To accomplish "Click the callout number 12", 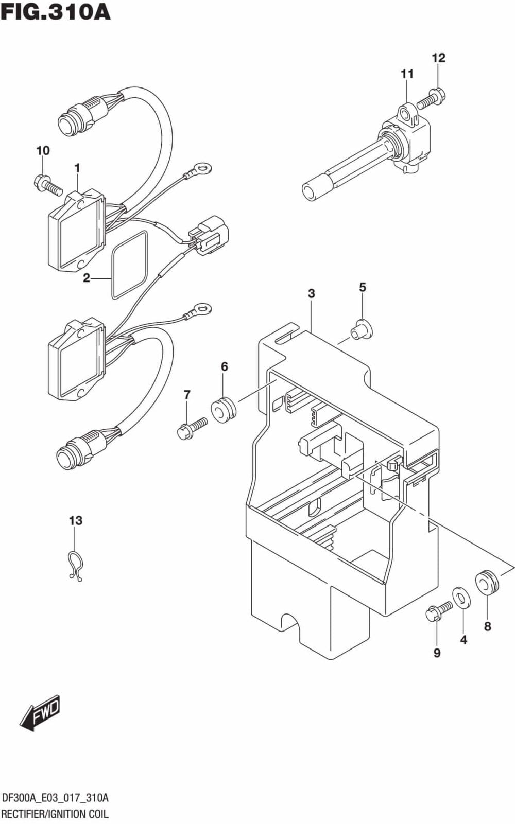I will coord(438,58).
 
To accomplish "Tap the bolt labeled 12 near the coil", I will coord(431,99).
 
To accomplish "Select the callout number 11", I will coord(407,74).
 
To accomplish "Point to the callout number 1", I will coord(77,168).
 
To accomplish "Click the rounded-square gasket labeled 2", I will coord(129,265).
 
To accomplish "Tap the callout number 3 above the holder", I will coord(311,293).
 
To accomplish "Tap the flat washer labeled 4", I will coord(461,598).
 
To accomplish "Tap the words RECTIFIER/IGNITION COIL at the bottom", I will coord(55,814).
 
